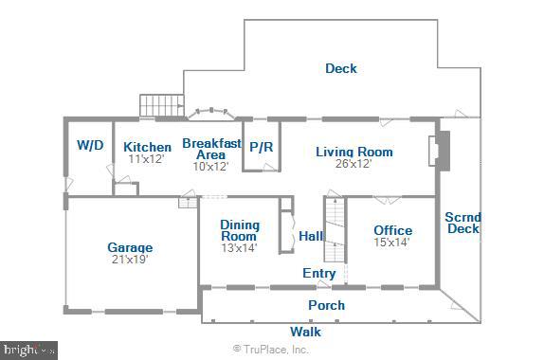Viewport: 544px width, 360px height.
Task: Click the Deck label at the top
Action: click(x=341, y=68)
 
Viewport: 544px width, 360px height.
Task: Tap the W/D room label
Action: click(x=90, y=146)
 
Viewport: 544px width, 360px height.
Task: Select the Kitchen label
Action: click(x=147, y=147)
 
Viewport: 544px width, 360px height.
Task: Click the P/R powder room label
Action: click(x=261, y=148)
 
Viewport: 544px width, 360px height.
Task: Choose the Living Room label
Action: click(x=354, y=152)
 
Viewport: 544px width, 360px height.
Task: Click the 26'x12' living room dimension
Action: click(x=354, y=164)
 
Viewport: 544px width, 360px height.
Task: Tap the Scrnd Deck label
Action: click(x=462, y=222)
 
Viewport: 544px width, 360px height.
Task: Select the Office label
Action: click(x=392, y=230)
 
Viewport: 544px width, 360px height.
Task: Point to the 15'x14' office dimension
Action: click(x=391, y=243)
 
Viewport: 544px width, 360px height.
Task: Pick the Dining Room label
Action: click(x=240, y=230)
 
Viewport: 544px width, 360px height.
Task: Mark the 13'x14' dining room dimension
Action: click(x=240, y=248)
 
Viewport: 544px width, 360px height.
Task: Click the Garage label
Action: click(x=130, y=247)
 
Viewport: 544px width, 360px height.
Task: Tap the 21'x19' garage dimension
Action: click(x=129, y=259)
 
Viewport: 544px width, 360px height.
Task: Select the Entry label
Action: click(x=318, y=274)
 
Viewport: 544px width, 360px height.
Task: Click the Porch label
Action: click(x=326, y=305)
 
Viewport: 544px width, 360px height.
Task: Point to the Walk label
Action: click(x=305, y=332)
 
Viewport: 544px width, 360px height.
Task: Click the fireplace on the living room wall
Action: click(x=435, y=153)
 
